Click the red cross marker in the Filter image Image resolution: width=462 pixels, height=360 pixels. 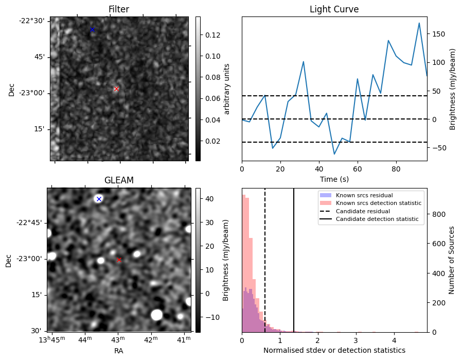tap(116, 89)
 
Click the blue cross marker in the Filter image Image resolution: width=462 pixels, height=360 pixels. tap(92, 29)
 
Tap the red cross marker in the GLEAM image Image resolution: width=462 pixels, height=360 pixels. tap(119, 260)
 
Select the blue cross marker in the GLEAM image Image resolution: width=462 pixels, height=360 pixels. tap(99, 199)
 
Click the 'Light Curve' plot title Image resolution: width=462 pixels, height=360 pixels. tap(334, 9)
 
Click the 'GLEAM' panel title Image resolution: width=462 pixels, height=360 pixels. tap(119, 180)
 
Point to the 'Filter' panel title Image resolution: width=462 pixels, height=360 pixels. tap(119, 9)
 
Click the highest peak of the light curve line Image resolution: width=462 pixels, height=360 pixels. tap(419, 23)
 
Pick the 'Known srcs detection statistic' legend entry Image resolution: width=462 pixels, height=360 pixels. tap(378, 203)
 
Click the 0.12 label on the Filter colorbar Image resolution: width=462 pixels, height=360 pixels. tap(212, 35)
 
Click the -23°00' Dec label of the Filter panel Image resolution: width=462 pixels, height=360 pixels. tap(34, 93)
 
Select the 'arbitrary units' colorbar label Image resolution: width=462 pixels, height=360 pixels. tap(226, 89)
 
